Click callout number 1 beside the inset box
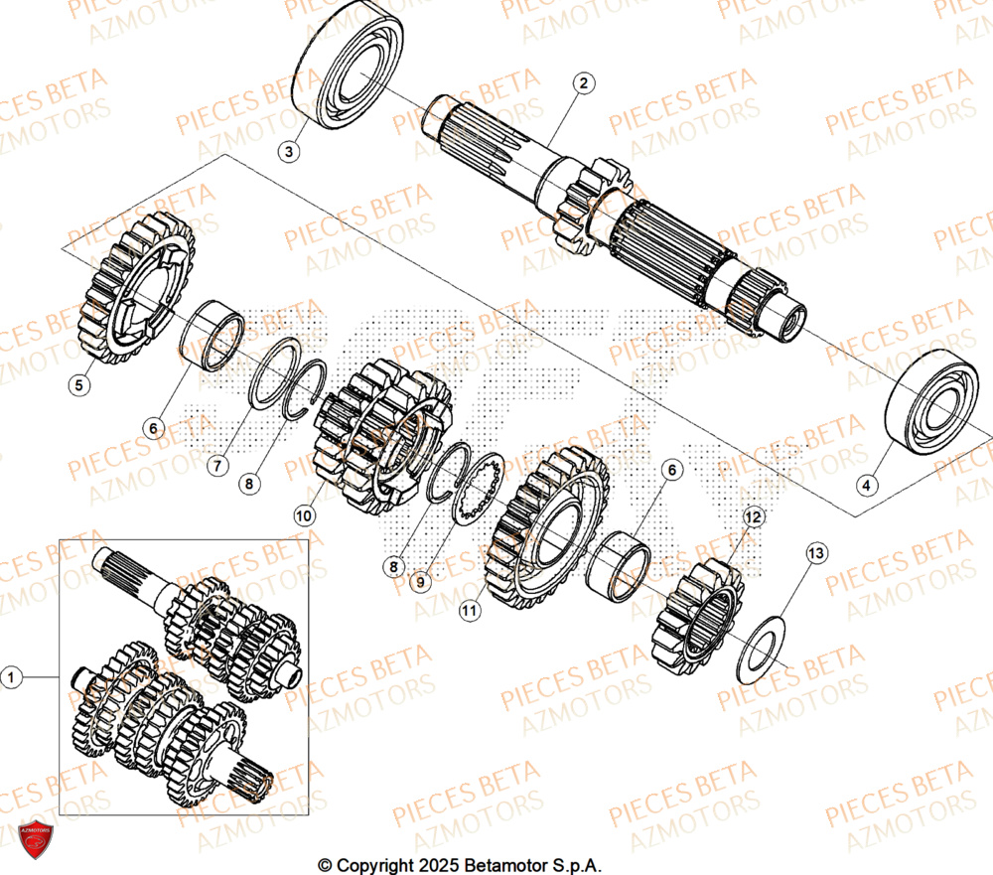[12, 677]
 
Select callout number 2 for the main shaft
[585, 83]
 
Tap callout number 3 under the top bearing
[288, 151]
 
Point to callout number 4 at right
[867, 485]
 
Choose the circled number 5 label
[81, 383]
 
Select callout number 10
[304, 515]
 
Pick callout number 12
[752, 516]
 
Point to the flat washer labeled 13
[761, 650]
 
